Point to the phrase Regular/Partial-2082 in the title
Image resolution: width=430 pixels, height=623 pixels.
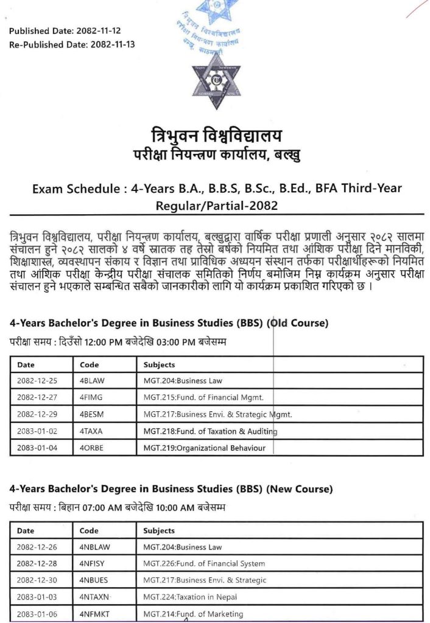pyautogui.click(x=216, y=205)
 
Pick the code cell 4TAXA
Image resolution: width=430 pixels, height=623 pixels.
pyautogui.click(x=91, y=431)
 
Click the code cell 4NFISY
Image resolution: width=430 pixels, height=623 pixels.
pyautogui.click(x=93, y=564)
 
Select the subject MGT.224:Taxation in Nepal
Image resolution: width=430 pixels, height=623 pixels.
pyautogui.click(x=190, y=597)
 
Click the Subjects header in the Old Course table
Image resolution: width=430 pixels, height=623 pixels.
pyautogui.click(x=159, y=365)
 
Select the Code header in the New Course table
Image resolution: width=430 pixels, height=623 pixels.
pyautogui.click(x=89, y=531)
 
